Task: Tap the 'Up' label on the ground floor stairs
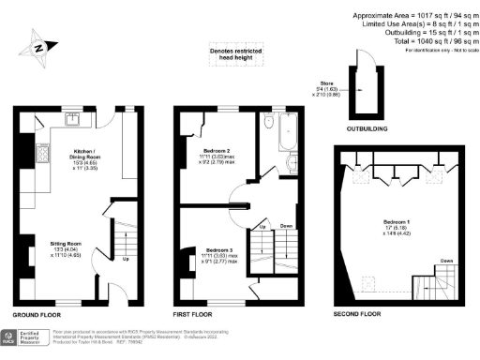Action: (126, 260)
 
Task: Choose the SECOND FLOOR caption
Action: (357, 314)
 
